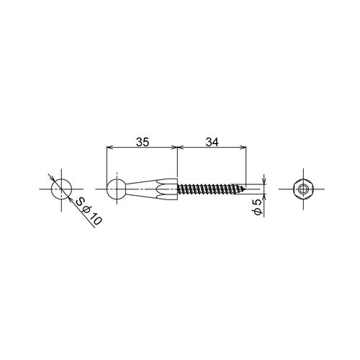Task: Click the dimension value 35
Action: coord(143,142)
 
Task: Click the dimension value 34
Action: coord(212,142)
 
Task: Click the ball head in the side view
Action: coord(117,189)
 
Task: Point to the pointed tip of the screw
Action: coord(246,189)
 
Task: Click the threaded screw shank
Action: coord(211,189)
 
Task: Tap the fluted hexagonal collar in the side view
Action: coord(167,189)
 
